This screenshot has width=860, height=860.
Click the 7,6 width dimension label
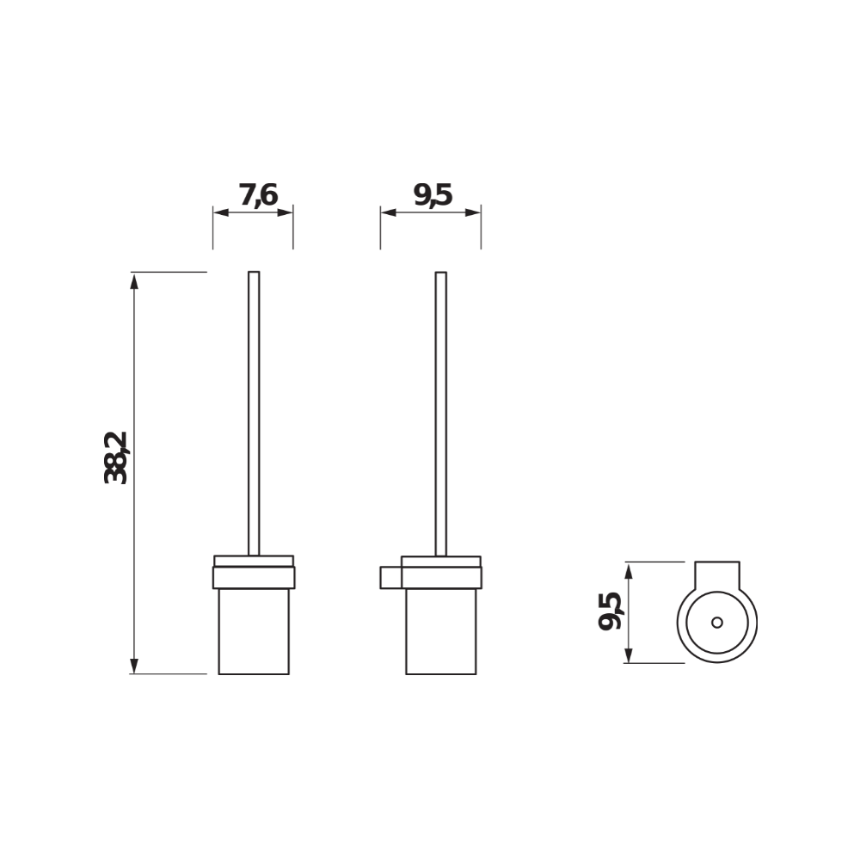[x=258, y=195]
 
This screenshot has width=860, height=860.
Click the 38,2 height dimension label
[x=116, y=458]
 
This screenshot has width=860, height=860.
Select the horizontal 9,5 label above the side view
[x=432, y=195]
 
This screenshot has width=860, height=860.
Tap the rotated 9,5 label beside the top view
[x=610, y=611]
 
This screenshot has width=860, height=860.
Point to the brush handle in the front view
[x=254, y=413]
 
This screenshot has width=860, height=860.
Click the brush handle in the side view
[x=441, y=413]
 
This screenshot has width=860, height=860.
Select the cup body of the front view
[x=254, y=632]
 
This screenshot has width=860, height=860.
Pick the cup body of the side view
[x=441, y=632]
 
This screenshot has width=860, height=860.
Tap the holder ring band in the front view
[x=254, y=577]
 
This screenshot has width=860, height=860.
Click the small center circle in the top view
[x=717, y=623]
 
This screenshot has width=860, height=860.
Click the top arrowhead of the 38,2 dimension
[x=134, y=279]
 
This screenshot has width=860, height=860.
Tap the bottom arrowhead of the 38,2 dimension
[x=134, y=666]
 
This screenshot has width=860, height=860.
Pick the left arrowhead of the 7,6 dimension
[x=219, y=213]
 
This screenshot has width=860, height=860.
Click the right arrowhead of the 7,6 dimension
[x=287, y=213]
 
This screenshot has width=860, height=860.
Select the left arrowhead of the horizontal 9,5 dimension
[x=387, y=213]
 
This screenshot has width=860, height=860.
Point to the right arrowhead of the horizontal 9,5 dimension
[x=474, y=213]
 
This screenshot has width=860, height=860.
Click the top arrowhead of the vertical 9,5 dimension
[x=630, y=569]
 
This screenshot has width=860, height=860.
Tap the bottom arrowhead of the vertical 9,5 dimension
[x=630, y=656]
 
